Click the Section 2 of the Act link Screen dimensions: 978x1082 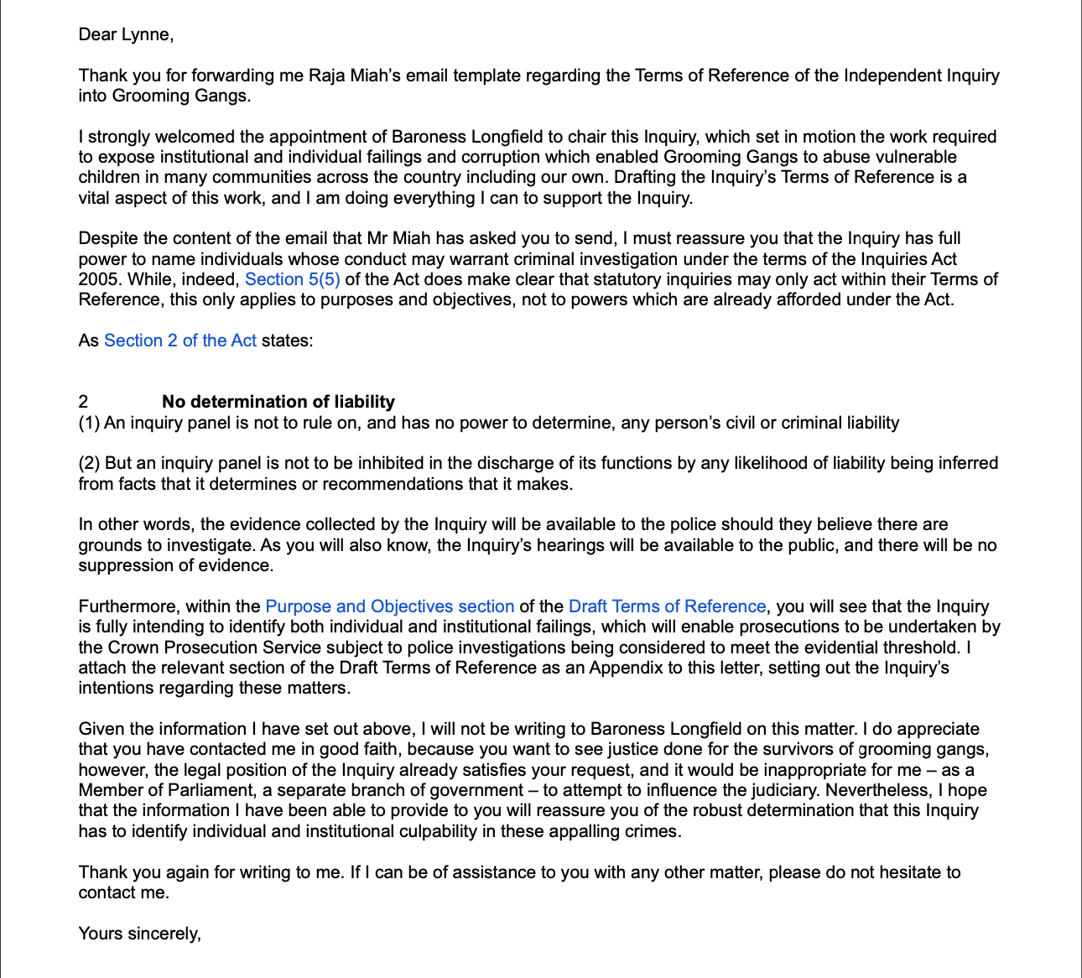tap(180, 341)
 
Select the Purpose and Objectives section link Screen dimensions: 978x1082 tap(389, 606)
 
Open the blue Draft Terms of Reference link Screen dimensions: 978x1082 tap(667, 606)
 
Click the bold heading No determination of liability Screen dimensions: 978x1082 tap(278, 402)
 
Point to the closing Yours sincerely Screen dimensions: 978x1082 tap(139, 934)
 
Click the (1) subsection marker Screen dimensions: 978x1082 tap(89, 423)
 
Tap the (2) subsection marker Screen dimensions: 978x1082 tap(89, 463)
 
